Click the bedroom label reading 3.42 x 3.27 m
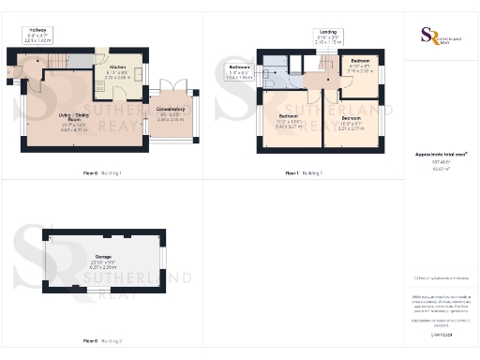tap(289, 121)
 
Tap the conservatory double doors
tap(170, 82)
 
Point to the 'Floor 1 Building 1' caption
tap(303, 173)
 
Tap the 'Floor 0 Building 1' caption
tap(102, 173)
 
